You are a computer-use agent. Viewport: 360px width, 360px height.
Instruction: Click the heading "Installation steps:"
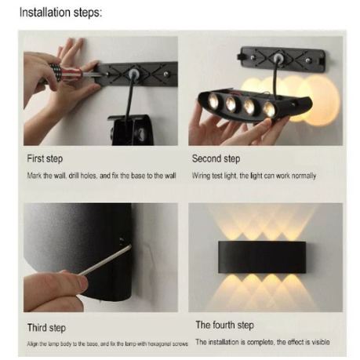point(60,13)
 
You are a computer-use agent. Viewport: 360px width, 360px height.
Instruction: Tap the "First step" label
point(45,159)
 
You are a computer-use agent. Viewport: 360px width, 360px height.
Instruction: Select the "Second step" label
point(216,159)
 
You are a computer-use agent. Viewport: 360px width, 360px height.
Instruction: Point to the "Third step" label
point(46,328)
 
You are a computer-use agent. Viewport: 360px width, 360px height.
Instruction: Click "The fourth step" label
point(225,325)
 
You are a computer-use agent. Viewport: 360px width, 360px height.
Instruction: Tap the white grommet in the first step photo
point(134,74)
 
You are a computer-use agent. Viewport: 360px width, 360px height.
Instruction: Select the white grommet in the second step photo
point(279,57)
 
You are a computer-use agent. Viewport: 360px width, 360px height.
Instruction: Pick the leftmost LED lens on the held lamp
point(213,101)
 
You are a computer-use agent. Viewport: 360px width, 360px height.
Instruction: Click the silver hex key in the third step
point(104,260)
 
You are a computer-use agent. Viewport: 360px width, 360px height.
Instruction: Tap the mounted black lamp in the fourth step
point(262,257)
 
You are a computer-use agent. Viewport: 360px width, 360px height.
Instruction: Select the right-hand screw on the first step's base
point(165,75)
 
